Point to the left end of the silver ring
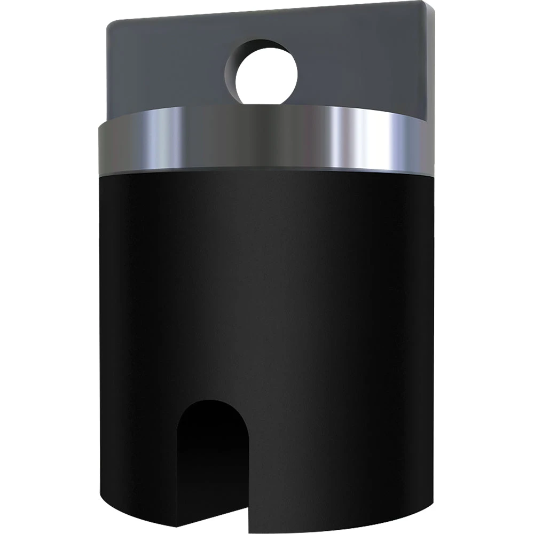101,147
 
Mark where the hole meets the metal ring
265,105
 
